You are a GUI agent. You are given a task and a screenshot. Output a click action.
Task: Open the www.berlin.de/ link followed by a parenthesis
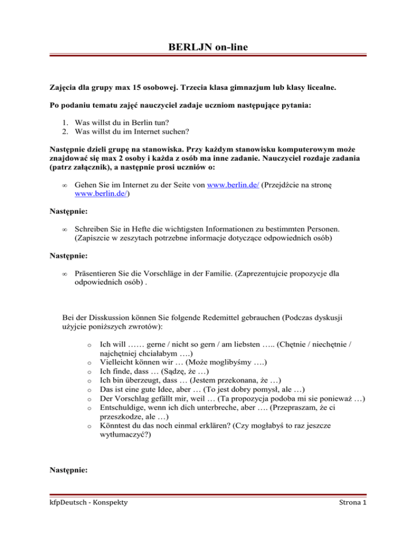coord(97,195)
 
